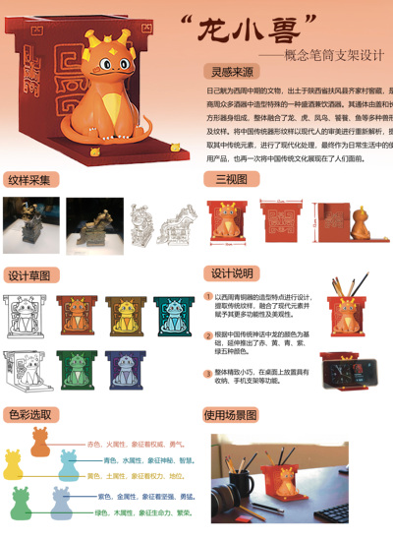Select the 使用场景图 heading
(x=237, y=415)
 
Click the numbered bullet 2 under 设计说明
(x=207, y=334)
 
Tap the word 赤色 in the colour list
(x=94, y=445)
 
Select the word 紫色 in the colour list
(x=103, y=497)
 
